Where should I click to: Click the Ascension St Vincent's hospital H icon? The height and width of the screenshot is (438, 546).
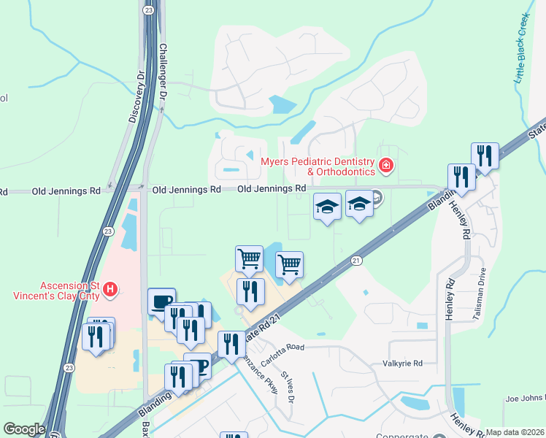coord(110,290)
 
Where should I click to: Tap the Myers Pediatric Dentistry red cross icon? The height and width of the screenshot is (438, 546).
coord(385,166)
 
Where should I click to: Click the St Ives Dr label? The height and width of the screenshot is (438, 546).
coord(287,386)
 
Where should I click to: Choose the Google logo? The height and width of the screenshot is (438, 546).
coord(24,429)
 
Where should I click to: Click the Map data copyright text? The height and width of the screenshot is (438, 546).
coord(515,432)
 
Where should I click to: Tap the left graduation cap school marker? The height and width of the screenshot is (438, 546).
coord(327,207)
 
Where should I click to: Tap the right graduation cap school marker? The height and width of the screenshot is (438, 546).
coord(359,204)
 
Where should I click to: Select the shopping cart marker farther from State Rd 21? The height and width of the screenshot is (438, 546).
coord(250,258)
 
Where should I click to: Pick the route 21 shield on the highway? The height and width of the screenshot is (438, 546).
coord(356,261)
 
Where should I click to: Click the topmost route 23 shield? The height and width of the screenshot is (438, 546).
coord(148,10)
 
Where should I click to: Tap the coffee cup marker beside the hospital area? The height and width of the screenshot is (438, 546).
coord(161,301)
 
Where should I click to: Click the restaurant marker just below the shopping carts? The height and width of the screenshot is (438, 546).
coord(250,291)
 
